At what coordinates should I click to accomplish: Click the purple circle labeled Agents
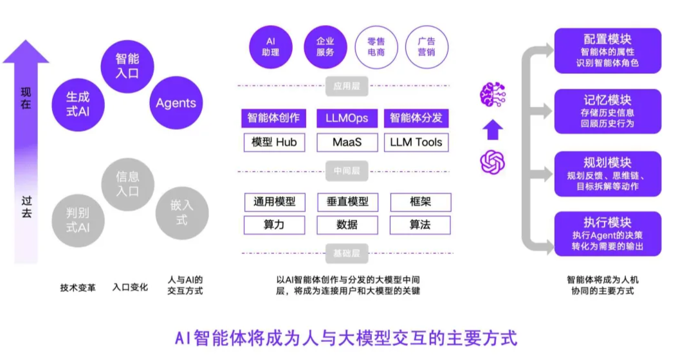pyautogui.click(x=176, y=103)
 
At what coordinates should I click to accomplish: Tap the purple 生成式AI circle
pyautogui.click(x=78, y=104)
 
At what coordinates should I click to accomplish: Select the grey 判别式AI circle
pyautogui.click(x=78, y=219)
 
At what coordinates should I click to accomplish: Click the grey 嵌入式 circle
pyautogui.click(x=182, y=212)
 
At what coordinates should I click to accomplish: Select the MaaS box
pyautogui.click(x=347, y=142)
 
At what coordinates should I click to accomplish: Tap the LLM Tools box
pyautogui.click(x=416, y=142)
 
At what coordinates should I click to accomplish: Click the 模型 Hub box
pyautogui.click(x=274, y=142)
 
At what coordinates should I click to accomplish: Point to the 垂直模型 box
pyautogui.click(x=347, y=202)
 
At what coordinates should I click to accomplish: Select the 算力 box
pyautogui.click(x=274, y=224)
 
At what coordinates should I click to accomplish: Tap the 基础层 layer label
pyautogui.click(x=347, y=253)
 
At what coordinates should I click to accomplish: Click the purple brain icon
pyautogui.click(x=492, y=95)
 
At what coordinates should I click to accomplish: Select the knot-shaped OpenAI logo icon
pyautogui.click(x=492, y=161)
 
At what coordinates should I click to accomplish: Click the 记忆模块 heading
pyautogui.click(x=607, y=100)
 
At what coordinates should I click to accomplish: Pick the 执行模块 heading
pyautogui.click(x=607, y=222)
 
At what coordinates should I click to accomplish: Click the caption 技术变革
pyautogui.click(x=78, y=287)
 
